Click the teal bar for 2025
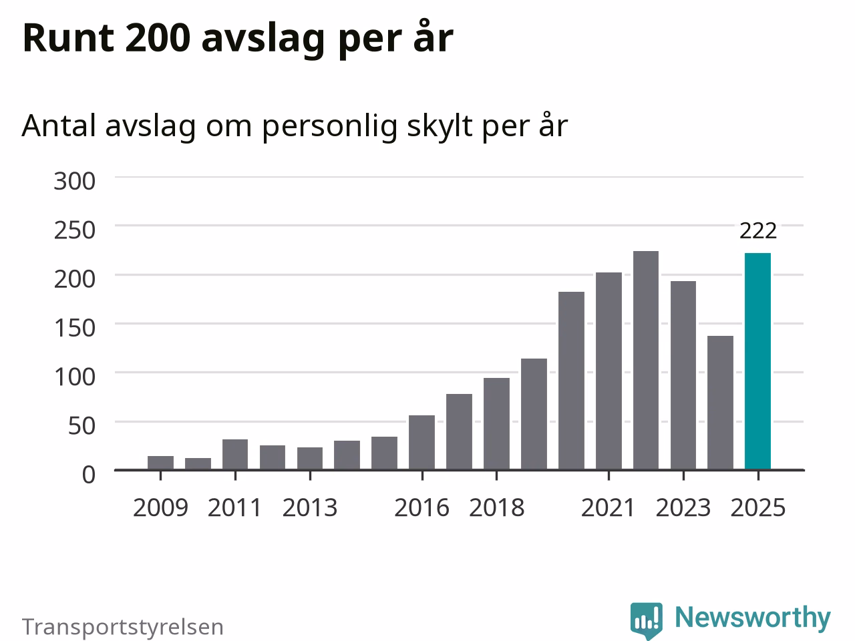(757, 361)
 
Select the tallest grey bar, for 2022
(646, 361)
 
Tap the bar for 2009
(160, 463)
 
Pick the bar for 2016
(422, 443)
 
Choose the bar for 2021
(609, 371)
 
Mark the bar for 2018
(497, 424)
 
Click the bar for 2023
(683, 375)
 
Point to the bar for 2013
(310, 459)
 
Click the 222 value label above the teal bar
(758, 231)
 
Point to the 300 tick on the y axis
(74, 181)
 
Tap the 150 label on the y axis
(74, 328)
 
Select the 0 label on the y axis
(89, 475)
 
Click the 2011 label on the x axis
(235, 508)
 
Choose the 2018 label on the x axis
(497, 508)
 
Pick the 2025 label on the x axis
(758, 508)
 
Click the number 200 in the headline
(158, 38)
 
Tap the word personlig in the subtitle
(329, 126)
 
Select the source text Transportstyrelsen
(123, 626)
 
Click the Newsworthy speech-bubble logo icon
(646, 620)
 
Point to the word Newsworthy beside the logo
(753, 618)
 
